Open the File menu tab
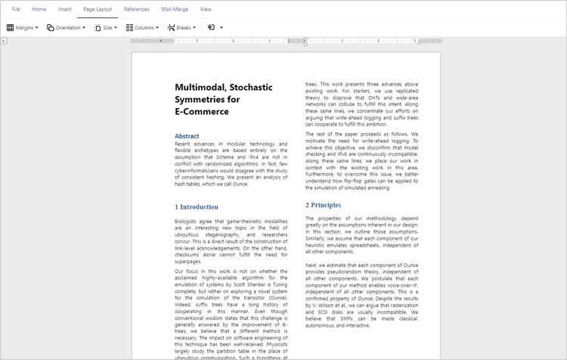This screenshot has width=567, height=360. pos(16,9)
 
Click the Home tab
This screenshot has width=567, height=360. pos(39,9)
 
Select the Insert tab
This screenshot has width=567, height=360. pos(65,9)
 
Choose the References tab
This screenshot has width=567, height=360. pos(136,9)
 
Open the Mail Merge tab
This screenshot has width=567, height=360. pos(175,9)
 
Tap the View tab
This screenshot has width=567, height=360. pos(206,9)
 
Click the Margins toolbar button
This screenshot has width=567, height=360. pos(23,27)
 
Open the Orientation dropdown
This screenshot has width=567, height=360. pos(66,27)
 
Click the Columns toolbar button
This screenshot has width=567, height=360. pos(143,27)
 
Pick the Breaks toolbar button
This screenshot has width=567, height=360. pos(181,27)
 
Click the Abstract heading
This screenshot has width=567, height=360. pos(187,136)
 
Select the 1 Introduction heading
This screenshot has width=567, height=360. pos(197,206)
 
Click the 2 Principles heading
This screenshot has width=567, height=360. pos(323,205)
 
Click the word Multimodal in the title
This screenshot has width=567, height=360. pos(199,87)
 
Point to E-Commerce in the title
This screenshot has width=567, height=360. pos(201,111)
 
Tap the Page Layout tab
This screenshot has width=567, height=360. pos(98,9)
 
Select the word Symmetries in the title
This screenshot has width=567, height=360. pos(200,99)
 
